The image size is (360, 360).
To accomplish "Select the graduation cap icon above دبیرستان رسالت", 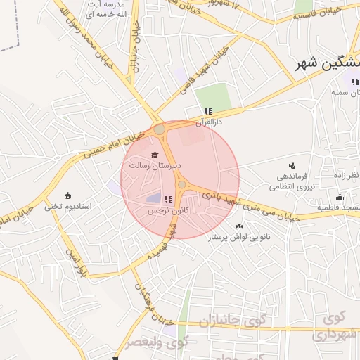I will (x=155, y=155).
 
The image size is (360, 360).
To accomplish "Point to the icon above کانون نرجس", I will (x=168, y=200).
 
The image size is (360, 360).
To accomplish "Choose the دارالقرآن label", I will (x=209, y=122).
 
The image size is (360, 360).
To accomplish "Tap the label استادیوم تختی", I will (x=69, y=207).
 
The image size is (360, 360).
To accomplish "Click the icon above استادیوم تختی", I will (x=67, y=195).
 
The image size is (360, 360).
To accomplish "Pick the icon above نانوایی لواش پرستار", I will (x=240, y=226).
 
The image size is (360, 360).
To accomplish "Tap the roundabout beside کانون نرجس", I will (x=182, y=185).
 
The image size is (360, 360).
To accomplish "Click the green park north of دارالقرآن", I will (x=213, y=96).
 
